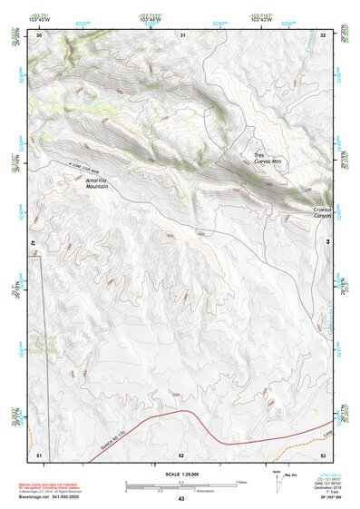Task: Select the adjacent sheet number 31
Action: tap(183, 35)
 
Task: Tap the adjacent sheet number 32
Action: tap(324, 35)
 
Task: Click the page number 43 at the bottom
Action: tap(181, 499)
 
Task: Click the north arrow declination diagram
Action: tap(276, 481)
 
